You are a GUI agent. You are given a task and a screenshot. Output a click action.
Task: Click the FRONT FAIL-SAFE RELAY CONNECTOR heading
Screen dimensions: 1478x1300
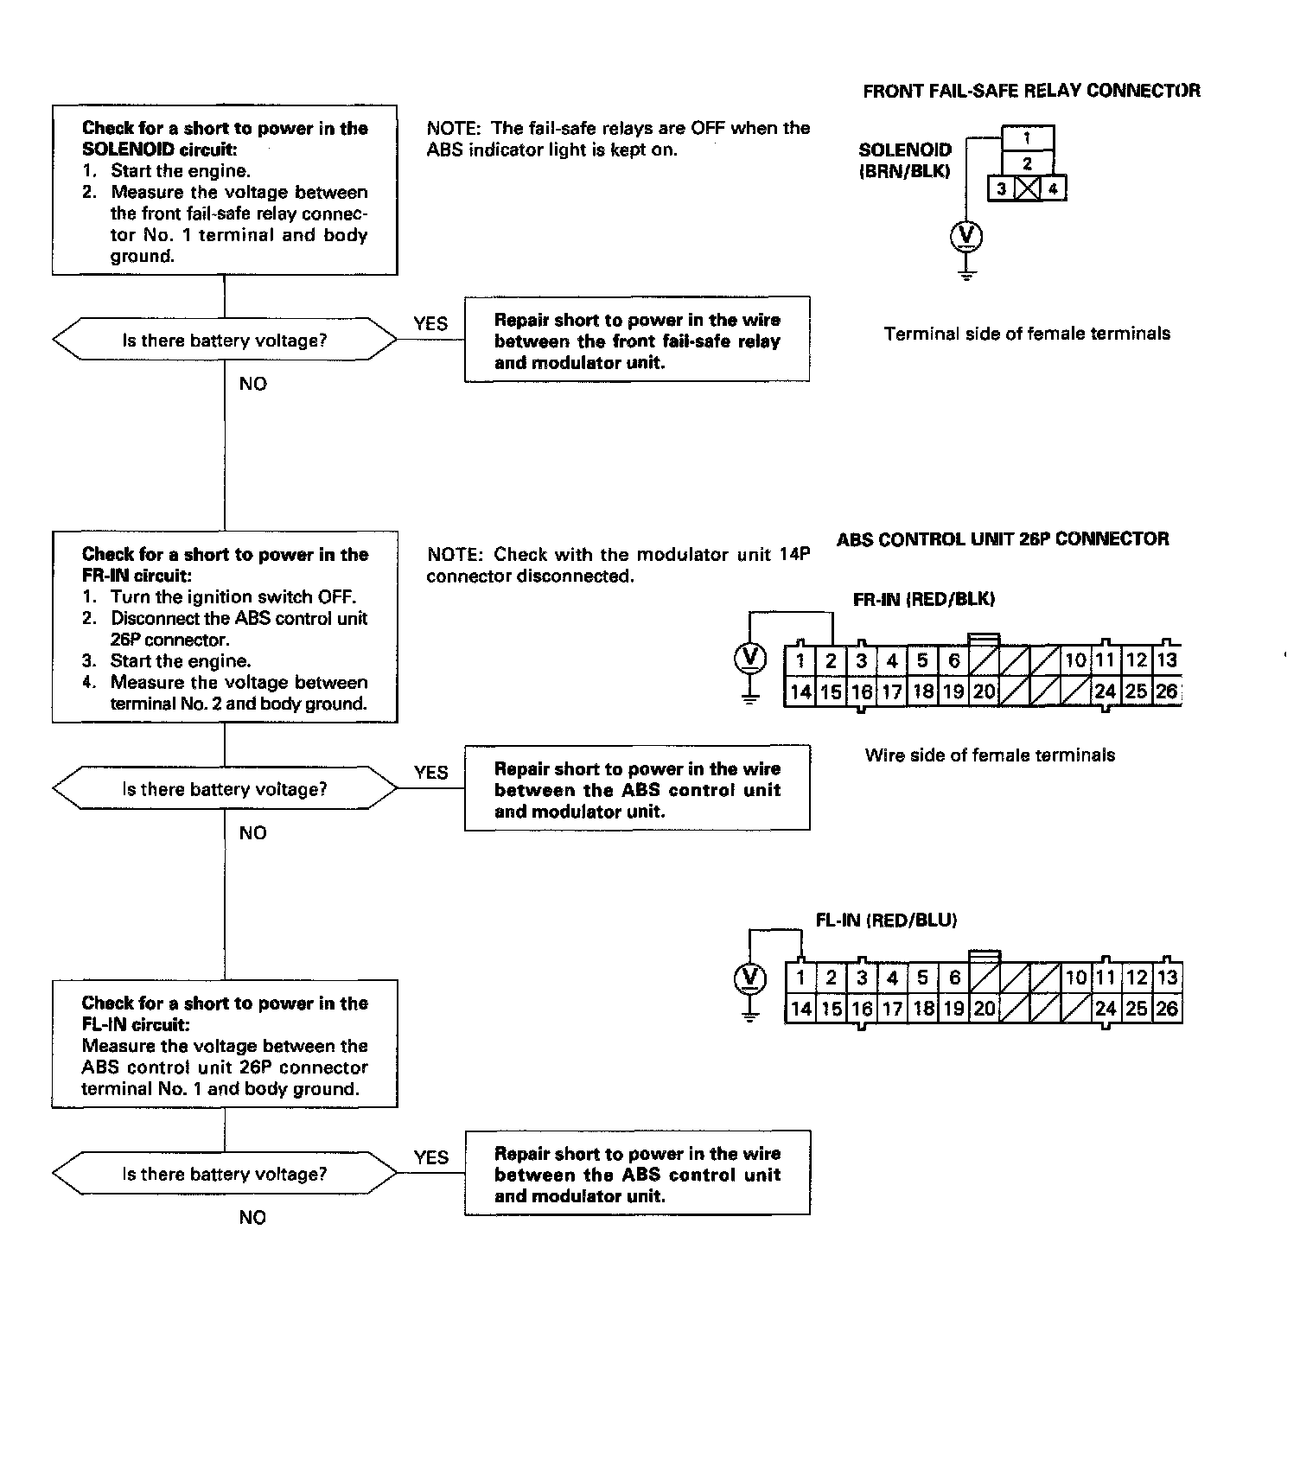click(x=1030, y=91)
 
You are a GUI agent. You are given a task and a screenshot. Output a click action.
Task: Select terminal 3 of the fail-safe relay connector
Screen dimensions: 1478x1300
click(x=1001, y=188)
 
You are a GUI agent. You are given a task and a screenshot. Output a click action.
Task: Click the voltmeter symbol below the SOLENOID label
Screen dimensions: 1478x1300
click(x=966, y=236)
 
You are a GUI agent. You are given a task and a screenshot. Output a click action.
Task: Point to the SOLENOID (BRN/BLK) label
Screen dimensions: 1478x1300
click(x=905, y=161)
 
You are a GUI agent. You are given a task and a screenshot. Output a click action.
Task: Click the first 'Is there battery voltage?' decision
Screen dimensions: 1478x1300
click(x=225, y=341)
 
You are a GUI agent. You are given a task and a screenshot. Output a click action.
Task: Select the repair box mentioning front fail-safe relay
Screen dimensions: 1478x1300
click(x=637, y=340)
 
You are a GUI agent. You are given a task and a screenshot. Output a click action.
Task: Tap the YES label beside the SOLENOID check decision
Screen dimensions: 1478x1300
click(x=430, y=324)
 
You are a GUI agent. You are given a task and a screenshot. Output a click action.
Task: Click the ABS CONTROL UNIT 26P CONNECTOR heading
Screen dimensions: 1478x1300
click(x=1003, y=539)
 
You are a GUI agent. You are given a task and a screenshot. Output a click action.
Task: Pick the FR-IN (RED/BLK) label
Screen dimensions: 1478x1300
click(x=923, y=599)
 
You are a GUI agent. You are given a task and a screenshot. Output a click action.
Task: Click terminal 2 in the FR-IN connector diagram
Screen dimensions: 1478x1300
click(x=831, y=661)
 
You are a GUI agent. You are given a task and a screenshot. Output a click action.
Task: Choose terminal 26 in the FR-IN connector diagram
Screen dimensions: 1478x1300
click(x=1166, y=691)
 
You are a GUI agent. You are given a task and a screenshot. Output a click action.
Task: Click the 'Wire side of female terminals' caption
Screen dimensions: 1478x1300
click(x=990, y=755)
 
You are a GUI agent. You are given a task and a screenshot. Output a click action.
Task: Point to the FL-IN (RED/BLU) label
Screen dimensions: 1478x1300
click(x=886, y=921)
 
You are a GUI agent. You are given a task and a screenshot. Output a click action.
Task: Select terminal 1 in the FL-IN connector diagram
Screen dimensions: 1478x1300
click(x=800, y=978)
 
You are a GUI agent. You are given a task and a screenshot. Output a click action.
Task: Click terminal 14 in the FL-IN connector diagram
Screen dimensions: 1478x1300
click(x=800, y=1009)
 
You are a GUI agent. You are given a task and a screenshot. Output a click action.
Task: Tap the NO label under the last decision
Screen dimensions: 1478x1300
click(x=252, y=1218)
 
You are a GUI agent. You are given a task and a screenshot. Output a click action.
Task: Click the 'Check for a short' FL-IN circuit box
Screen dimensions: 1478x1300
click(x=225, y=1045)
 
